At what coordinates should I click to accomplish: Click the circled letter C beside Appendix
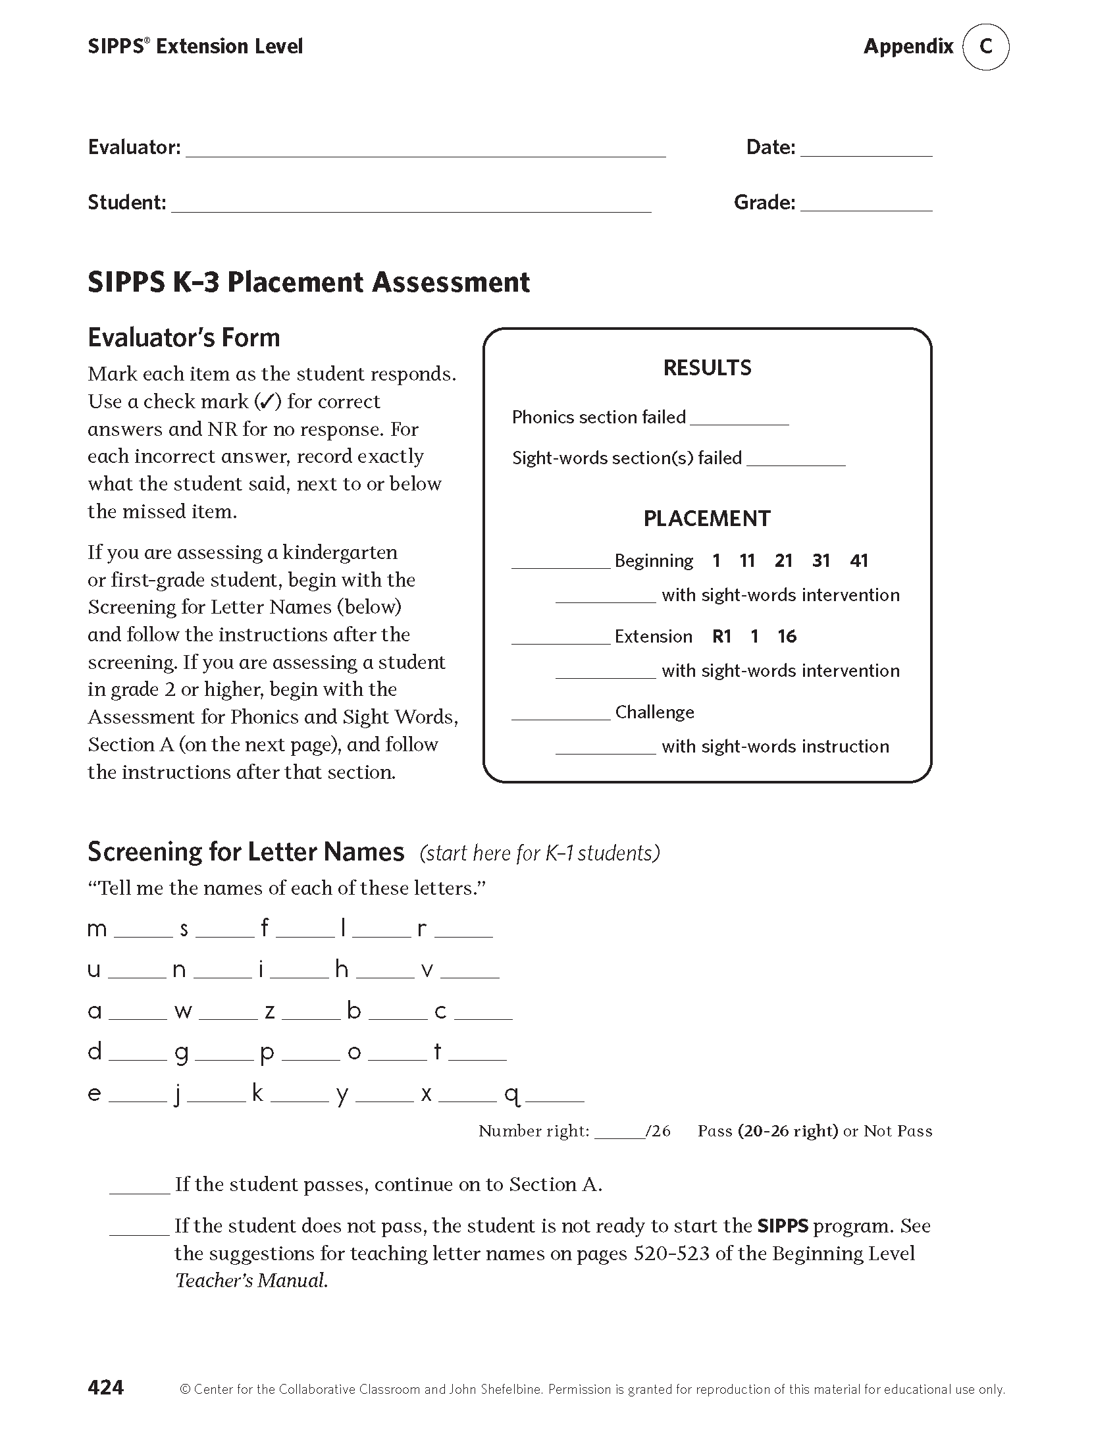point(985,47)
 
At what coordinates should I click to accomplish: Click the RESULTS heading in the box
point(707,367)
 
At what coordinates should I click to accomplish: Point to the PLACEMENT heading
point(707,519)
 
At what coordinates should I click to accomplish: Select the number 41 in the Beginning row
point(859,561)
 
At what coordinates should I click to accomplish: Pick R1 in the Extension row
point(722,637)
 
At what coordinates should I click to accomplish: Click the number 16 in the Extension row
point(787,637)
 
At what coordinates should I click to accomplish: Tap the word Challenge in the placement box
point(654,712)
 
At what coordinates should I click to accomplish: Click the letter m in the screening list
point(97,929)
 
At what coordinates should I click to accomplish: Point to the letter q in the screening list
point(512,1094)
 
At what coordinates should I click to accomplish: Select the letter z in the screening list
point(270,1011)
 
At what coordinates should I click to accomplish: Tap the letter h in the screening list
point(342,969)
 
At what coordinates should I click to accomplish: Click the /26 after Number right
point(658,1131)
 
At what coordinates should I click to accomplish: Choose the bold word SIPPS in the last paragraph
point(782,1226)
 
